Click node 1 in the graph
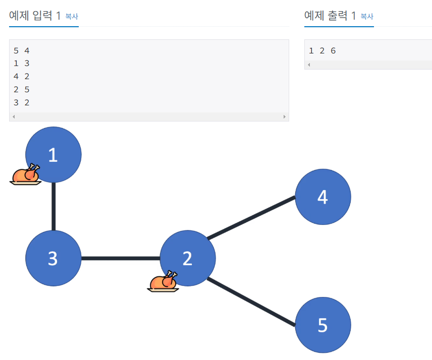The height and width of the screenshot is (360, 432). click(x=53, y=154)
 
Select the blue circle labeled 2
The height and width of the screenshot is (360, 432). click(x=188, y=258)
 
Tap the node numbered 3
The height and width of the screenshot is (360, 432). click(x=53, y=258)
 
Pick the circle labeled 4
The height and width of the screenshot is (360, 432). click(x=323, y=197)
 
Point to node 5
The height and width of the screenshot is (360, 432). click(x=323, y=325)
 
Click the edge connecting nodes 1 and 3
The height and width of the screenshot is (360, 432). click(x=53, y=207)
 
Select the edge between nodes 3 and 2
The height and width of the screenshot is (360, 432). click(x=121, y=259)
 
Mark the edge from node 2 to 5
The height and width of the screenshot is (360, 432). click(x=251, y=302)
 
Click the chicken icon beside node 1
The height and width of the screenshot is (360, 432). click(x=25, y=174)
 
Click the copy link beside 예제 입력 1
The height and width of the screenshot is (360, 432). click(x=72, y=17)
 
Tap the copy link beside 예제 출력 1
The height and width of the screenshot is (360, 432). click(x=367, y=17)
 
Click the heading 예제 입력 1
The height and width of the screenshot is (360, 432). click(x=35, y=16)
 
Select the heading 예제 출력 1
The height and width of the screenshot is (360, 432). click(x=330, y=16)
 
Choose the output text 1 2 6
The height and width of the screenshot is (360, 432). click(x=322, y=50)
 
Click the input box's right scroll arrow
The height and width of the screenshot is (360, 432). click(x=285, y=116)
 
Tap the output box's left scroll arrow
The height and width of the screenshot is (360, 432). click(x=309, y=65)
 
